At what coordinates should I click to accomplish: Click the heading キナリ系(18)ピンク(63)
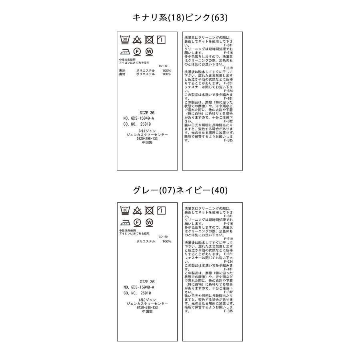[180, 18]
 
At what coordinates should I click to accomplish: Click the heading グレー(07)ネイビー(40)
[180, 190]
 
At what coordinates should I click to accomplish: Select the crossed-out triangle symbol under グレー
[137, 210]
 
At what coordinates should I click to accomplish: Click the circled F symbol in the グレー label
[137, 222]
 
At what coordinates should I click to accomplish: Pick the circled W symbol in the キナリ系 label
[149, 52]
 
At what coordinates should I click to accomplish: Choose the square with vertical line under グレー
[162, 210]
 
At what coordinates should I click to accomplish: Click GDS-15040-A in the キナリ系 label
[142, 118]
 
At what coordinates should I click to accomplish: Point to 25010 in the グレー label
[145, 293]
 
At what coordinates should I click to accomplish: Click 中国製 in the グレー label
[147, 311]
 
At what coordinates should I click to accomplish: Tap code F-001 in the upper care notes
[228, 48]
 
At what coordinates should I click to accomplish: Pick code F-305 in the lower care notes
[228, 311]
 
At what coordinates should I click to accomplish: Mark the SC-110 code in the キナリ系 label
[163, 66]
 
